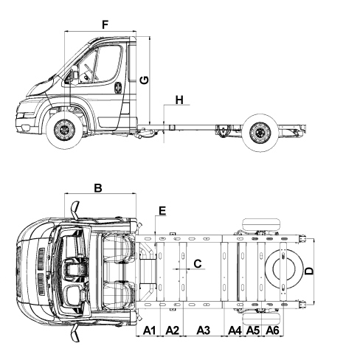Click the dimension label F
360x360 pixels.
[x=105, y=25]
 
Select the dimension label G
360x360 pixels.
[x=144, y=80]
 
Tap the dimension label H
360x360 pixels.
[x=179, y=100]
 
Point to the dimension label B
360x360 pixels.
[x=98, y=188]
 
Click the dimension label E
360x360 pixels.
[x=162, y=211]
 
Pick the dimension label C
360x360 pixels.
[x=198, y=263]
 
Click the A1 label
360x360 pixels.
[x=150, y=330]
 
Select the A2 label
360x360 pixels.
[x=172, y=330]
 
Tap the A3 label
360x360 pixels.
[x=204, y=330]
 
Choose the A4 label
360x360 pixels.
[x=235, y=330]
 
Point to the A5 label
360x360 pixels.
[x=253, y=330]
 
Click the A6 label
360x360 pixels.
[x=272, y=330]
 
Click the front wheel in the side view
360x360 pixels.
[x=64, y=130]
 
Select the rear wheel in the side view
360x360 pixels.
[x=260, y=133]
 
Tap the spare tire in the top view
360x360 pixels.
[x=284, y=269]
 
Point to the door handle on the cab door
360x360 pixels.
[x=118, y=88]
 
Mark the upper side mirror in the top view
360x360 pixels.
[x=75, y=210]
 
